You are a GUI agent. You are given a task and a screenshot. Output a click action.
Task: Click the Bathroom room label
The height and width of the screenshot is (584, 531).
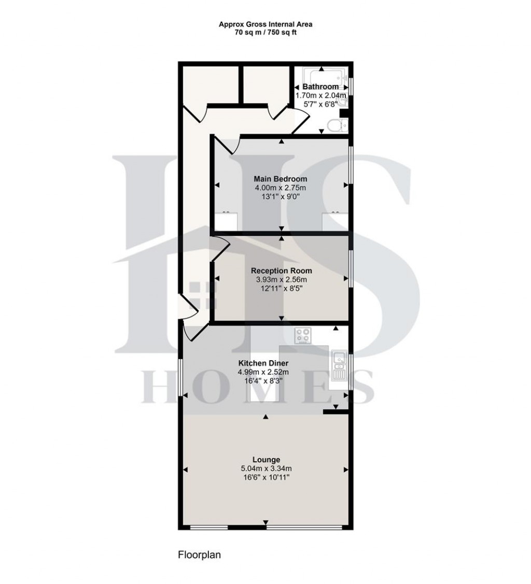click(x=320, y=87)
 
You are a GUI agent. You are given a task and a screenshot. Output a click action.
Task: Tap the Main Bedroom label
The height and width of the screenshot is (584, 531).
click(x=281, y=179)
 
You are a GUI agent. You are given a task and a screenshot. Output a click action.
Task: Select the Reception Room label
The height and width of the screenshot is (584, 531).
click(x=281, y=270)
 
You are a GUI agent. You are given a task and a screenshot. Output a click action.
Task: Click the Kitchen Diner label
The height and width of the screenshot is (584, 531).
click(x=263, y=363)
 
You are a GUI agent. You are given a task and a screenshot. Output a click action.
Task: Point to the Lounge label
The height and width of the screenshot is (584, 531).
click(x=266, y=460)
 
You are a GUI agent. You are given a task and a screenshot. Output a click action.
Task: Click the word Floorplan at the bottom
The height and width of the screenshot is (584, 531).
click(x=200, y=555)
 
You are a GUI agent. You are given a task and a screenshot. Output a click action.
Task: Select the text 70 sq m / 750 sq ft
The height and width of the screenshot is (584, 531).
click(x=265, y=32)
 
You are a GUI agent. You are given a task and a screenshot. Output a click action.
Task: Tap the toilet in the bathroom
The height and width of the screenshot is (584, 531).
click(x=338, y=125)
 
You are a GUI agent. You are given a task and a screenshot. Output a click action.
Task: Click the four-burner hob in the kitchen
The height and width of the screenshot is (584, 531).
click(x=302, y=335)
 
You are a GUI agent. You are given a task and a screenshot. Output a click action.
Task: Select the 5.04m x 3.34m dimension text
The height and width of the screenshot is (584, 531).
click(x=266, y=468)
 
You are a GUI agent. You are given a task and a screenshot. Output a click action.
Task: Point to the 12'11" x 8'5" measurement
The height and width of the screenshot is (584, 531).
click(x=281, y=288)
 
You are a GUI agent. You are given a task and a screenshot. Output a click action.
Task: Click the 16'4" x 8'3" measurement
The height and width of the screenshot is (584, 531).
click(x=263, y=381)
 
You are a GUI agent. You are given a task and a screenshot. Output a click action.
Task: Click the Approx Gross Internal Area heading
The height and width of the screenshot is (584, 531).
click(x=265, y=24)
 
